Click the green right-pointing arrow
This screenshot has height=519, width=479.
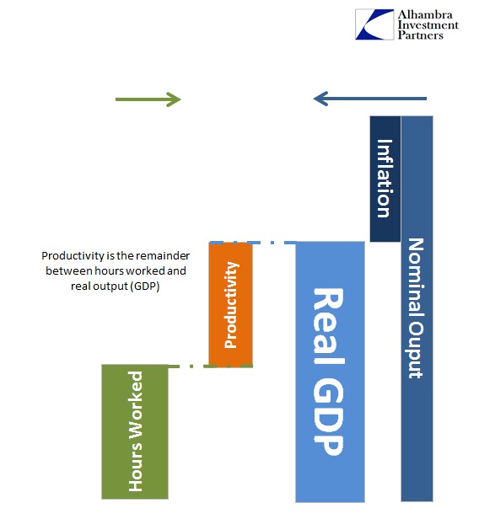coord(148,99)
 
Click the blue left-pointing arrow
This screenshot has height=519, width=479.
coord(369,99)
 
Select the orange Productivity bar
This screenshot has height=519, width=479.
coord(230,304)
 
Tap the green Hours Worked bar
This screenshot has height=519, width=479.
coord(135,431)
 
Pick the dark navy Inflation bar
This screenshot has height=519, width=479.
coord(385,179)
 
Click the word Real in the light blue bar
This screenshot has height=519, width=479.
coord(328,326)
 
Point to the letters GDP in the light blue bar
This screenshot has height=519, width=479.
coord(327,416)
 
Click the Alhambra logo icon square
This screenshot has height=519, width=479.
coord(374,24)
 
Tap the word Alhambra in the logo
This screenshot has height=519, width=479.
coord(425,14)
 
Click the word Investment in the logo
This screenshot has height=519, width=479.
coord(428,24)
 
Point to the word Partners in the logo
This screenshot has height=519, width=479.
coord(420,35)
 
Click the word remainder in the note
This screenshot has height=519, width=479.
coord(163,256)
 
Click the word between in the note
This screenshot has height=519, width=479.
coord(69,271)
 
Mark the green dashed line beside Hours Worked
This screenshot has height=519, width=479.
coord(210,366)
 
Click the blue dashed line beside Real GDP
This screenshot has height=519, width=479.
coord(253,243)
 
